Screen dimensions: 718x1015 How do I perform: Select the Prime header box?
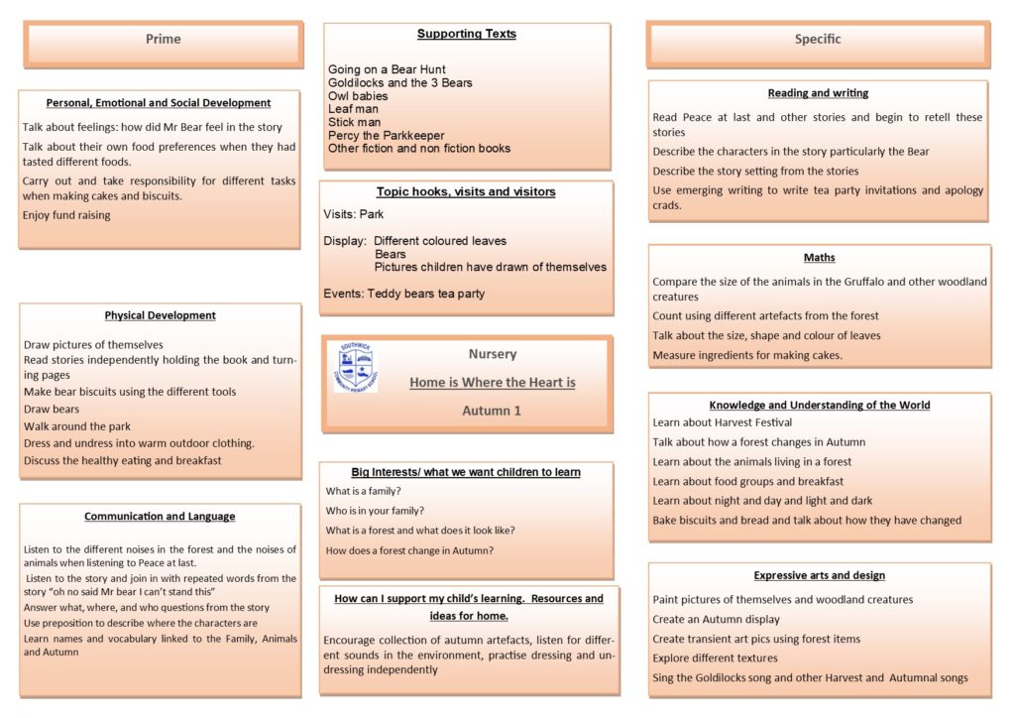(164, 40)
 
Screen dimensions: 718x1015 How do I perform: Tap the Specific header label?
(818, 40)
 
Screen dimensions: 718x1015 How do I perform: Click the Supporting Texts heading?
(466, 34)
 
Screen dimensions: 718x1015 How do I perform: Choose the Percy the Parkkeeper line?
(387, 135)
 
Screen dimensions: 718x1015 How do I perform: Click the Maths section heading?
(819, 258)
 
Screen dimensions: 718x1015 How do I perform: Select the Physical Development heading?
(160, 315)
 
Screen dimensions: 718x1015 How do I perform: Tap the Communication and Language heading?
(160, 517)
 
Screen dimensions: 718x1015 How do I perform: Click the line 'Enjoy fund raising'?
(66, 215)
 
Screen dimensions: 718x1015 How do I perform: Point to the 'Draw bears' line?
(52, 409)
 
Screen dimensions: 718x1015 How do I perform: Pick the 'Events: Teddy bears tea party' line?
(404, 294)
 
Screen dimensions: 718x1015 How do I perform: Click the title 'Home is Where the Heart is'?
(492, 382)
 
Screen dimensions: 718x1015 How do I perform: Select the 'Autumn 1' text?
(492, 411)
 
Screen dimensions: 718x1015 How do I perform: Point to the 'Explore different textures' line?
(715, 658)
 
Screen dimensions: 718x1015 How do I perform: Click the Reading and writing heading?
(818, 93)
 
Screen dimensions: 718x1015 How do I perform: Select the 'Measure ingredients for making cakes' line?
(747, 355)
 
